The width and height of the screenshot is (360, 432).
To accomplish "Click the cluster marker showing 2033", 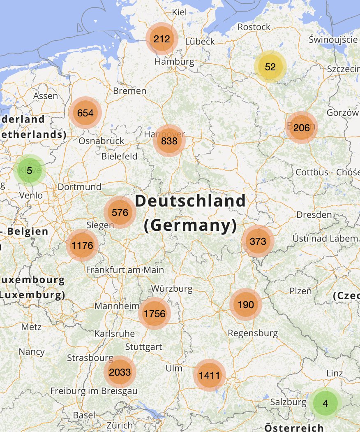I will click(120, 372).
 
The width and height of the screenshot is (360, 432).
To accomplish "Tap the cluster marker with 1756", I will click(154, 314).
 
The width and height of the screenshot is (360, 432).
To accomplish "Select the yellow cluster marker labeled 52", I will click(270, 67).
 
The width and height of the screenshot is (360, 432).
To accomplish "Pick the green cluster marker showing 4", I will click(325, 404).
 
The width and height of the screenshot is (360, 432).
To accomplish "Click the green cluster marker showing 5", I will click(29, 170).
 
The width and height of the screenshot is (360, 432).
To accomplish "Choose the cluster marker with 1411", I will click(210, 375).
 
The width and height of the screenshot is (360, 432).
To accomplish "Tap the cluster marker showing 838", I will click(169, 141).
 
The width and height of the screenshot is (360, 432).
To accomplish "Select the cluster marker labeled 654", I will click(85, 113).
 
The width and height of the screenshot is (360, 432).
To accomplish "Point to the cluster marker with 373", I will click(258, 241).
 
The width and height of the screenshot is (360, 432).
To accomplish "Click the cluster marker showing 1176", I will click(82, 246).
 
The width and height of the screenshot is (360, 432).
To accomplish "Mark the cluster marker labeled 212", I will click(162, 39).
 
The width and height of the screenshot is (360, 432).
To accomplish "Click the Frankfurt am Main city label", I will click(125, 270).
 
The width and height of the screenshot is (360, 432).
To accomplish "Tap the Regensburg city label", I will click(253, 333).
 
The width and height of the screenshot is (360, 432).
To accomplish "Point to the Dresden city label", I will click(314, 214).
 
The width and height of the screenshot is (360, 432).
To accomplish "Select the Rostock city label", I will click(254, 27).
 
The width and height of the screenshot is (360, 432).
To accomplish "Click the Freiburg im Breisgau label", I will click(94, 390).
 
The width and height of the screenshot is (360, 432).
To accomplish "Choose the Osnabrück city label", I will click(101, 141).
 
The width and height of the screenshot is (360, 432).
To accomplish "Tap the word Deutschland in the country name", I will click(190, 201).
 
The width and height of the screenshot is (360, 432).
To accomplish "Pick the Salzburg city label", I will click(288, 402).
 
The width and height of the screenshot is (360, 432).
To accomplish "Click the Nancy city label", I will click(32, 352).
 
